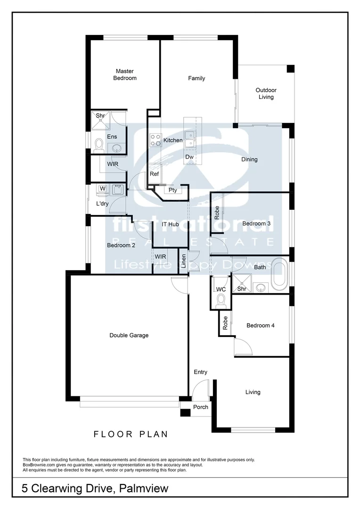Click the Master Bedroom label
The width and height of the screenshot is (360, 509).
point(125,74)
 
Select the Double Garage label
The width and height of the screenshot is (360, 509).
point(129,336)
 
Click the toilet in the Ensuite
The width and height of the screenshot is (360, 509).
point(99,144)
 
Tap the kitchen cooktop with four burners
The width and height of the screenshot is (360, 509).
point(155,140)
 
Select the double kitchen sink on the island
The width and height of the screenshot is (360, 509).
point(190,140)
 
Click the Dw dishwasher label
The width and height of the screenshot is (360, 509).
point(189,157)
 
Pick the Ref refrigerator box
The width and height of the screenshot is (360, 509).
point(154,174)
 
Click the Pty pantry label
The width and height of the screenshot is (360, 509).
point(173,190)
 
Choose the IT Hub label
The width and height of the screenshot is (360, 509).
point(170,225)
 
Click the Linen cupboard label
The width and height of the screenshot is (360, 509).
point(183,262)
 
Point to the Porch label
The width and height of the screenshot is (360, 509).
point(201,407)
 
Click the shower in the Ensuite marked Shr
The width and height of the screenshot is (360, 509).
point(100,120)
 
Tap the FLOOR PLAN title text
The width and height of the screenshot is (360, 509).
point(131,434)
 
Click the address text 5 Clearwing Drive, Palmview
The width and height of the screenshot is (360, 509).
point(95,488)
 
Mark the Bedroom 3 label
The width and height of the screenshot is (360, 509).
point(256,224)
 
